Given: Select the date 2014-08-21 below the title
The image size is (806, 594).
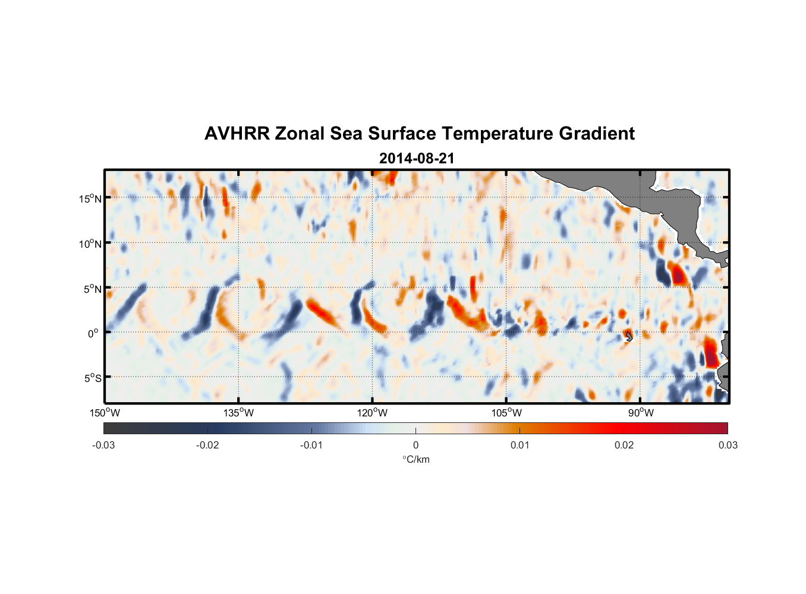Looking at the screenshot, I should pyautogui.click(x=417, y=159).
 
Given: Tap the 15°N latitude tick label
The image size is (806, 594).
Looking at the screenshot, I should pyautogui.click(x=90, y=198).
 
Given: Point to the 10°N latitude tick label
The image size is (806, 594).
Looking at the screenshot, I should pyautogui.click(x=90, y=244).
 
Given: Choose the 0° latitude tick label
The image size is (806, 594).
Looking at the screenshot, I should pyautogui.click(x=93, y=333).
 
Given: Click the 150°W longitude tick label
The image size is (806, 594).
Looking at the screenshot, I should pyautogui.click(x=105, y=413).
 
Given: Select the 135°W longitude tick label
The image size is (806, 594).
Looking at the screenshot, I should pyautogui.click(x=238, y=413).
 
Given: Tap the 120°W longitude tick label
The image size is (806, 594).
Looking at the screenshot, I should pyautogui.click(x=372, y=413).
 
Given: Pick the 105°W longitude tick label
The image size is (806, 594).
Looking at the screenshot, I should pyautogui.click(x=506, y=413).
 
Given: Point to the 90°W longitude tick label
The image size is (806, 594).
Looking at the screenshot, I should pyautogui.click(x=640, y=413).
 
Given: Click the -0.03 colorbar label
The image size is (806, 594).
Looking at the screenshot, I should pyautogui.click(x=103, y=445).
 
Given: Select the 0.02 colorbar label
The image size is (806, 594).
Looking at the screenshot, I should pyautogui.click(x=624, y=445).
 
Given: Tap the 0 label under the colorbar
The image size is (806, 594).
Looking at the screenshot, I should pyautogui.click(x=415, y=445).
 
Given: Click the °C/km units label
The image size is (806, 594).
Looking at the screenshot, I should pyautogui.click(x=416, y=459).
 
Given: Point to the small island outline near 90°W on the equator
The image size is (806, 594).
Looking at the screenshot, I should pyautogui.click(x=629, y=336).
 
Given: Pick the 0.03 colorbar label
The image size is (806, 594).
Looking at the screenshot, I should pyautogui.click(x=728, y=445).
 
